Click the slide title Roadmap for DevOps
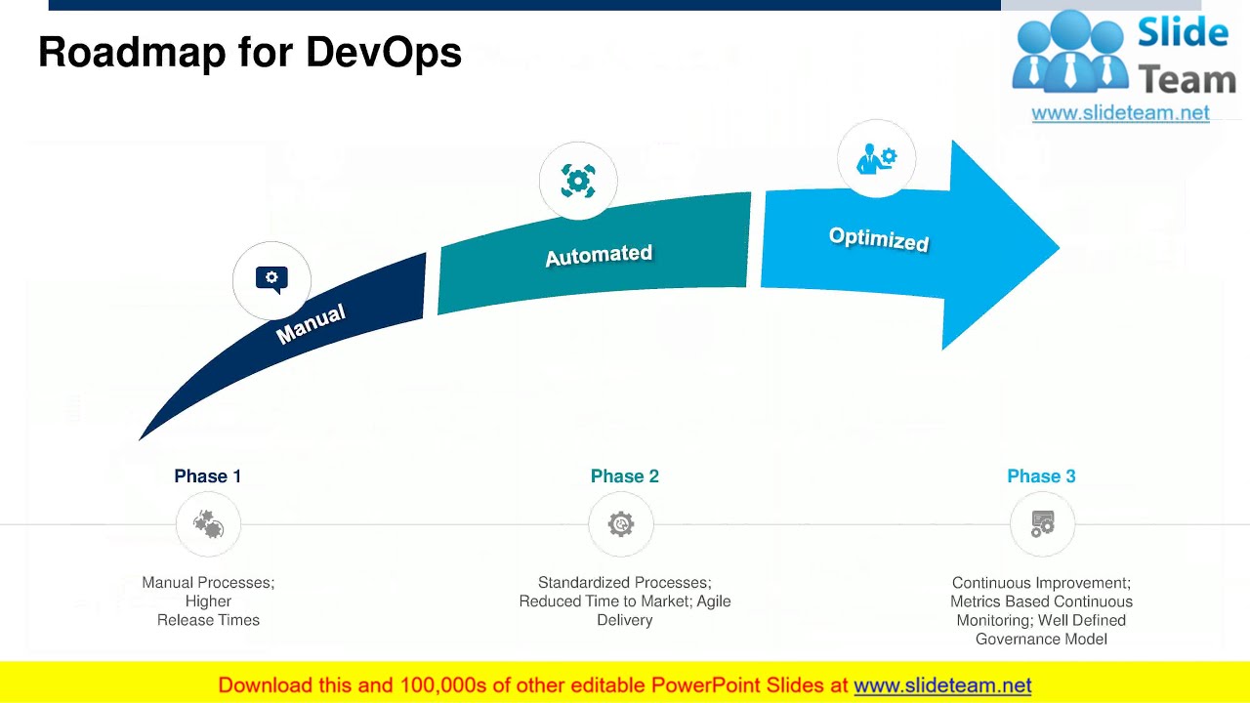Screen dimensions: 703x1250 [250, 53]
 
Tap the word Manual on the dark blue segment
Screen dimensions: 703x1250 [311, 324]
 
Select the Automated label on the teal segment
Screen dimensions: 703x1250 [599, 256]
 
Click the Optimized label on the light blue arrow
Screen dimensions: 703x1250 [878, 238]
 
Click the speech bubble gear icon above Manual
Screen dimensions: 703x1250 [271, 280]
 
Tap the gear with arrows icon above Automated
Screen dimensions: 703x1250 [578, 182]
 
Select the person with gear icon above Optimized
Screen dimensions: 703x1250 [876, 159]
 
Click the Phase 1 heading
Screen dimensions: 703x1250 [207, 476]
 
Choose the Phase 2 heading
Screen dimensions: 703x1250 [624, 476]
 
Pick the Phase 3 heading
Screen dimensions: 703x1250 [1041, 476]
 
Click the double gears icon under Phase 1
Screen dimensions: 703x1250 [208, 525]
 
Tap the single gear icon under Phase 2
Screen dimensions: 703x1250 [621, 525]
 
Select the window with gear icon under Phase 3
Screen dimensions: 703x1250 [1042, 525]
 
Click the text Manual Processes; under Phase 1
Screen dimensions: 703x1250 [208, 583]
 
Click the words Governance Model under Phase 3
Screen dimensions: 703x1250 [1041, 640]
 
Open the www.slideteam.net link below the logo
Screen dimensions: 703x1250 [1120, 113]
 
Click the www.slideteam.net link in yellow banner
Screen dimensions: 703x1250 [942, 685]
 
